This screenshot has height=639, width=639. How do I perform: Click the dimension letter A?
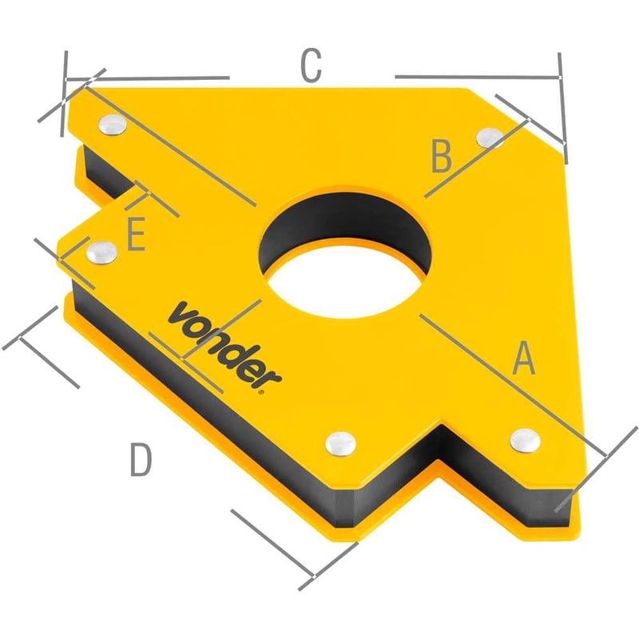coord(524,358)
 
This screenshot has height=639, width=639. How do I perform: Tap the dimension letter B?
coord(442,156)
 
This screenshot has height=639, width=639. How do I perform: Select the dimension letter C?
coord(311,65)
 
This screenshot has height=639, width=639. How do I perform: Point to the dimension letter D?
coord(141,460)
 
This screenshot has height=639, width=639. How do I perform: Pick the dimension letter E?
coord(136,234)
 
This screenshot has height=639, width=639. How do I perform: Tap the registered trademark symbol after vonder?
coord(261,392)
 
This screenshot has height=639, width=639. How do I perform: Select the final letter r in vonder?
coord(270,378)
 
